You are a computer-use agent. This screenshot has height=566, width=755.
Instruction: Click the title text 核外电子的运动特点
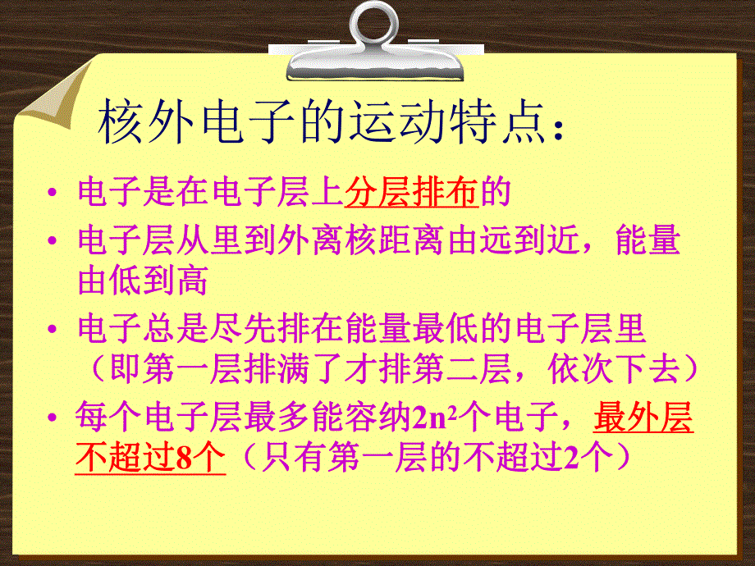click(x=321, y=126)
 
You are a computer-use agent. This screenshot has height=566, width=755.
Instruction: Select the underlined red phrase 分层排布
click(x=412, y=192)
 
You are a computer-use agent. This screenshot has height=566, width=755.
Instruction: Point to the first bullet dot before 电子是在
click(x=52, y=194)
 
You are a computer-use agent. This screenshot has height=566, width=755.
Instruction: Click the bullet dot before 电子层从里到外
click(x=52, y=243)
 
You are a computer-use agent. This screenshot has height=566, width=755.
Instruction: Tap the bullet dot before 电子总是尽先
click(x=52, y=331)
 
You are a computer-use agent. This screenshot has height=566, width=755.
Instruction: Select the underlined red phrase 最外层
click(x=643, y=418)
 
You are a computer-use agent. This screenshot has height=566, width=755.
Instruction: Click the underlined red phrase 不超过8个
click(x=150, y=458)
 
